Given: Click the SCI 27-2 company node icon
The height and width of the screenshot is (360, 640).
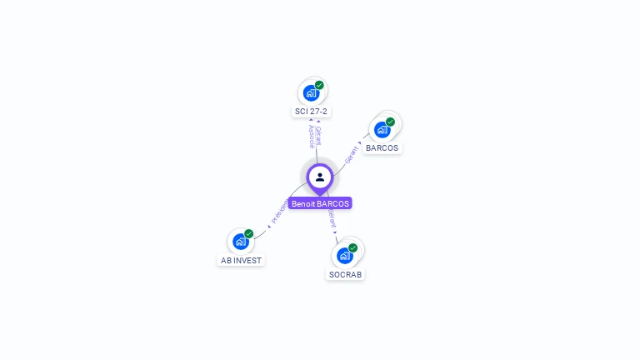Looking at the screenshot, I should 311,92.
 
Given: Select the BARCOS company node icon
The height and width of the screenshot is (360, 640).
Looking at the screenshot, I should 382,129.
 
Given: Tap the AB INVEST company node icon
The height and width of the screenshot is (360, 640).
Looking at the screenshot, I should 240,242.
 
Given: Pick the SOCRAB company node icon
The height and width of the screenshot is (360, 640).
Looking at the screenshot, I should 344,255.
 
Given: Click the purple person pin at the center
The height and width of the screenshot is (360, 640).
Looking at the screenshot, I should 320,177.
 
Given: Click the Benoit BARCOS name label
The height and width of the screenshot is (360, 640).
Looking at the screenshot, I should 320,203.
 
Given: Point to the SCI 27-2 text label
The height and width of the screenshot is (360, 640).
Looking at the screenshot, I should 311,111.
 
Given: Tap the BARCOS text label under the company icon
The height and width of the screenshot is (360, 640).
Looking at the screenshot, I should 382,147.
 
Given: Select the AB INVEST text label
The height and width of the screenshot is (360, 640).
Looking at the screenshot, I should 241,260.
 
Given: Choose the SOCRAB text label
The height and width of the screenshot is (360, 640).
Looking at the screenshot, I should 345,274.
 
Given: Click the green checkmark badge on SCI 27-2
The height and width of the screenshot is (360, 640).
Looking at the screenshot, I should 319,85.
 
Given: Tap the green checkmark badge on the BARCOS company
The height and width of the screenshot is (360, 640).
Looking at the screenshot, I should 390,122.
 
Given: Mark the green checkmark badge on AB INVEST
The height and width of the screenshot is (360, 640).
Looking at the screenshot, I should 248,234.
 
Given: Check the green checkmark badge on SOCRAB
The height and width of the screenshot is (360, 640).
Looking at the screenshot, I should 352,247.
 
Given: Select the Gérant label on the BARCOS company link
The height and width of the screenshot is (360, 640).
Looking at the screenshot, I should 352,153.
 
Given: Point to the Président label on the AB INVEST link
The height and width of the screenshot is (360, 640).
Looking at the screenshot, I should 279,212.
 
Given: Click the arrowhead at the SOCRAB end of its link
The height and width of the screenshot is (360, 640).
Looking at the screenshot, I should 336,232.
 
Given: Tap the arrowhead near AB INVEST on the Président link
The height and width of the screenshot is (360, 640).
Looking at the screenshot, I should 268,226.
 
